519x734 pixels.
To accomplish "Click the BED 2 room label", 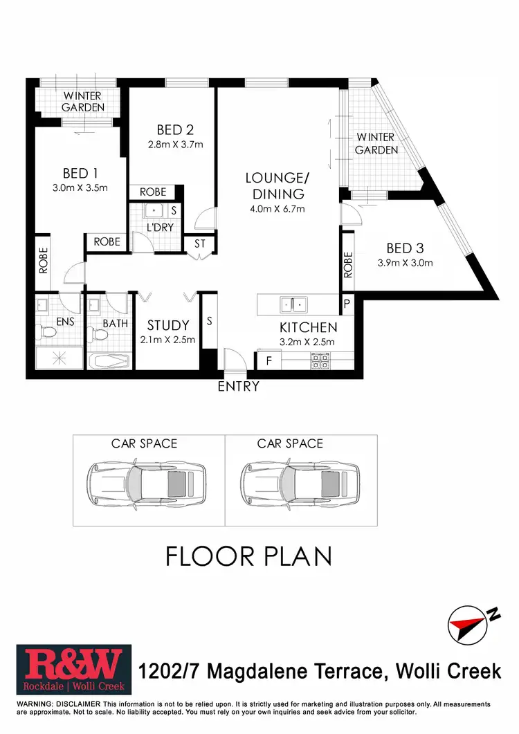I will tap(174, 129).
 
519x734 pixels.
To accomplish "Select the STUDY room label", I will tap(168, 325).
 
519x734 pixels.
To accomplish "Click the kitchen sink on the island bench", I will tap(293, 303).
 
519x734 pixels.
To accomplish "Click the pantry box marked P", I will tap(346, 304).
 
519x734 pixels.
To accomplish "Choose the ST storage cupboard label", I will tap(200, 244).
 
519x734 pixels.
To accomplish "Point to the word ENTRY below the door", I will tap(238, 387).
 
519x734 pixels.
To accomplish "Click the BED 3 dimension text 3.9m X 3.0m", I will tap(405, 263).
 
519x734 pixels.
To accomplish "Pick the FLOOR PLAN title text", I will tap(249, 556).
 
